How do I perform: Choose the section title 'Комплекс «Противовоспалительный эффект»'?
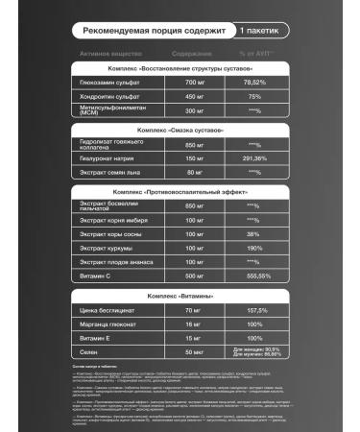(180, 192)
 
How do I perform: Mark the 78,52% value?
(254, 84)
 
